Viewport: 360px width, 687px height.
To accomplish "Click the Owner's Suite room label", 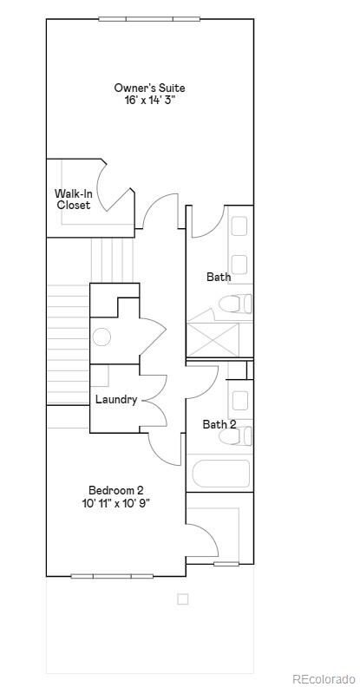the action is coord(149,88).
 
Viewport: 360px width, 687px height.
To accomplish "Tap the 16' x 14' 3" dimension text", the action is coord(149,101).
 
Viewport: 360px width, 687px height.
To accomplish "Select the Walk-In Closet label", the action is coord(73,199).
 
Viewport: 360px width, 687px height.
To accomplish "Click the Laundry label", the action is coord(116,400).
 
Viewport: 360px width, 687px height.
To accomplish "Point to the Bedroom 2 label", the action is coord(116,490).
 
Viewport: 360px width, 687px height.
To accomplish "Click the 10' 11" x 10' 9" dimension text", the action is coord(116,502).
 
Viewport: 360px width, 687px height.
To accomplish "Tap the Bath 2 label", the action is coord(219,424).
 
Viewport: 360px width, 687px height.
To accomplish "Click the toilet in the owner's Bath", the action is coord(236,304).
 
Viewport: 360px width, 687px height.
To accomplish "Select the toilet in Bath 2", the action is coord(236,436).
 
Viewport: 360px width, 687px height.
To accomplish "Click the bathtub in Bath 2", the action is coord(221,474).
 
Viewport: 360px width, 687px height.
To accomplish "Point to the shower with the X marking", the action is coord(213,339).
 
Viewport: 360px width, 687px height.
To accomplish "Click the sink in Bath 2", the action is coord(240,401).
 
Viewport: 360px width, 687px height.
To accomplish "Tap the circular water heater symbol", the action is coord(102,337).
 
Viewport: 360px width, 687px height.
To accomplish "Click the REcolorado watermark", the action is coord(324,678).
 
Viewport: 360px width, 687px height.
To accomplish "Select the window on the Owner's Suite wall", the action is coord(149,19).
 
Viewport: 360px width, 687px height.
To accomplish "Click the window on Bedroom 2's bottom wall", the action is coord(112,576).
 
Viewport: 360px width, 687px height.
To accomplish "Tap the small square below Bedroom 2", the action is coord(183,599).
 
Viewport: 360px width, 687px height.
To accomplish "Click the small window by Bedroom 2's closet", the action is coord(226,564).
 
